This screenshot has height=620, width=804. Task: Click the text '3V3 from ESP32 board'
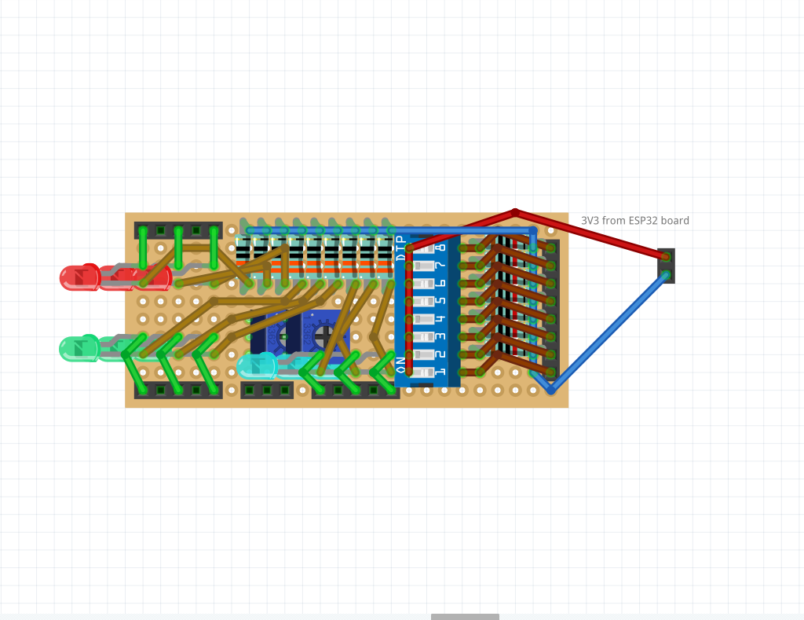click(x=634, y=221)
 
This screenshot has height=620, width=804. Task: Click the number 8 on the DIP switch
click(x=440, y=248)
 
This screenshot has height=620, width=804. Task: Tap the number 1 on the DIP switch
click(x=440, y=372)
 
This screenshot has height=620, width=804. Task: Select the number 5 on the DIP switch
click(x=440, y=301)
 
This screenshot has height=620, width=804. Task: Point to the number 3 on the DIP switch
click(x=440, y=336)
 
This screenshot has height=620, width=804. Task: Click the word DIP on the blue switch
click(x=401, y=248)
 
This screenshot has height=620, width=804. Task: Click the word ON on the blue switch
click(x=401, y=365)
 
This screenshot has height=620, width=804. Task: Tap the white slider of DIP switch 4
click(x=424, y=319)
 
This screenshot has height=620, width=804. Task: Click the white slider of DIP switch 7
click(x=424, y=266)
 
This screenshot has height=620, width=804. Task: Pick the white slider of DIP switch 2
click(x=424, y=354)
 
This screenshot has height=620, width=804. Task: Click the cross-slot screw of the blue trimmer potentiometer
click(x=323, y=336)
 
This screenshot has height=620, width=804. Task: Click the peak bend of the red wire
click(x=515, y=212)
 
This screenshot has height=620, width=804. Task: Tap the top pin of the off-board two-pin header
click(x=666, y=257)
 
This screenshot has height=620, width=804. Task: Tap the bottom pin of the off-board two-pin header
click(x=666, y=275)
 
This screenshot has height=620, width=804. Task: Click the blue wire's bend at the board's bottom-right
click(x=550, y=390)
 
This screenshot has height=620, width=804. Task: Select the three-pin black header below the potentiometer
click(x=267, y=391)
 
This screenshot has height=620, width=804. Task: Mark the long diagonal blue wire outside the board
click(x=608, y=332)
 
